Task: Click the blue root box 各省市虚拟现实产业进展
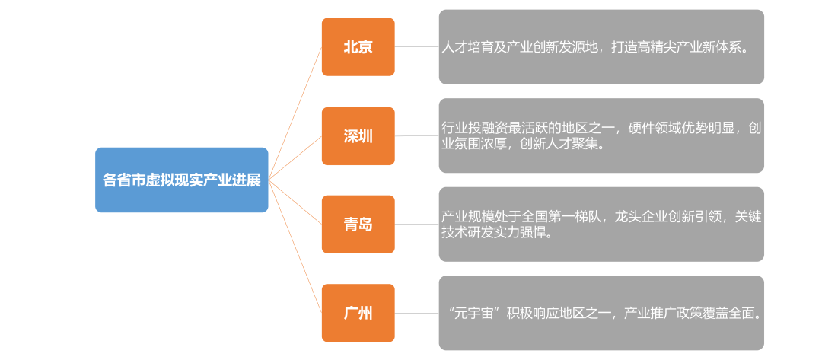(181, 180)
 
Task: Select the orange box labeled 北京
(358, 47)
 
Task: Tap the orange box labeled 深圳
(358, 136)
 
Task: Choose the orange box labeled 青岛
(358, 225)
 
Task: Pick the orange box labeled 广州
(358, 313)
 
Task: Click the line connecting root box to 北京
(295, 113)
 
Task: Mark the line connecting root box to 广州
(295, 246)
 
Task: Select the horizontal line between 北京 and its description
(416, 47)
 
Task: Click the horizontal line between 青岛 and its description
(416, 225)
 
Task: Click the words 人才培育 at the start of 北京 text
(467, 47)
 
